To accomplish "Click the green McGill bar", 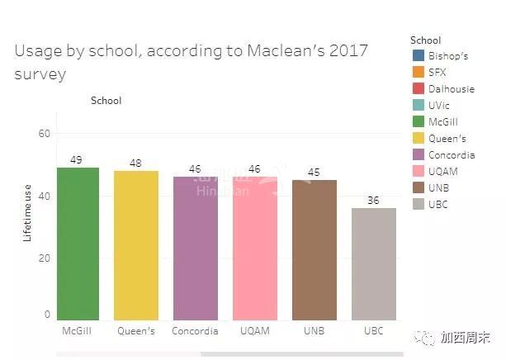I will click(x=78, y=244).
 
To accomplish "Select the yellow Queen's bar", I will click(x=136, y=245).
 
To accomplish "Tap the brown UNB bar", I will click(x=314, y=249).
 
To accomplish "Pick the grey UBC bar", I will click(x=373, y=263).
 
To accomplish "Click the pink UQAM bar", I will click(x=255, y=248).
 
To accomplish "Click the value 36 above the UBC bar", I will click(x=374, y=201).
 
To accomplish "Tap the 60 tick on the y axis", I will click(x=45, y=134).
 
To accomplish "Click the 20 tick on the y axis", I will click(x=45, y=258).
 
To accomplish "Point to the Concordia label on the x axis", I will click(x=196, y=331).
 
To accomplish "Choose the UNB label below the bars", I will click(x=314, y=331).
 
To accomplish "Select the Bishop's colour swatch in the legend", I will click(x=417, y=56).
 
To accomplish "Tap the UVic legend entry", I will click(x=438, y=106).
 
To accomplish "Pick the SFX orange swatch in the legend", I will click(x=417, y=73).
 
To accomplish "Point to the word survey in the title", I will click(x=40, y=74).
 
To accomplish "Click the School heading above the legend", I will click(x=425, y=40).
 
